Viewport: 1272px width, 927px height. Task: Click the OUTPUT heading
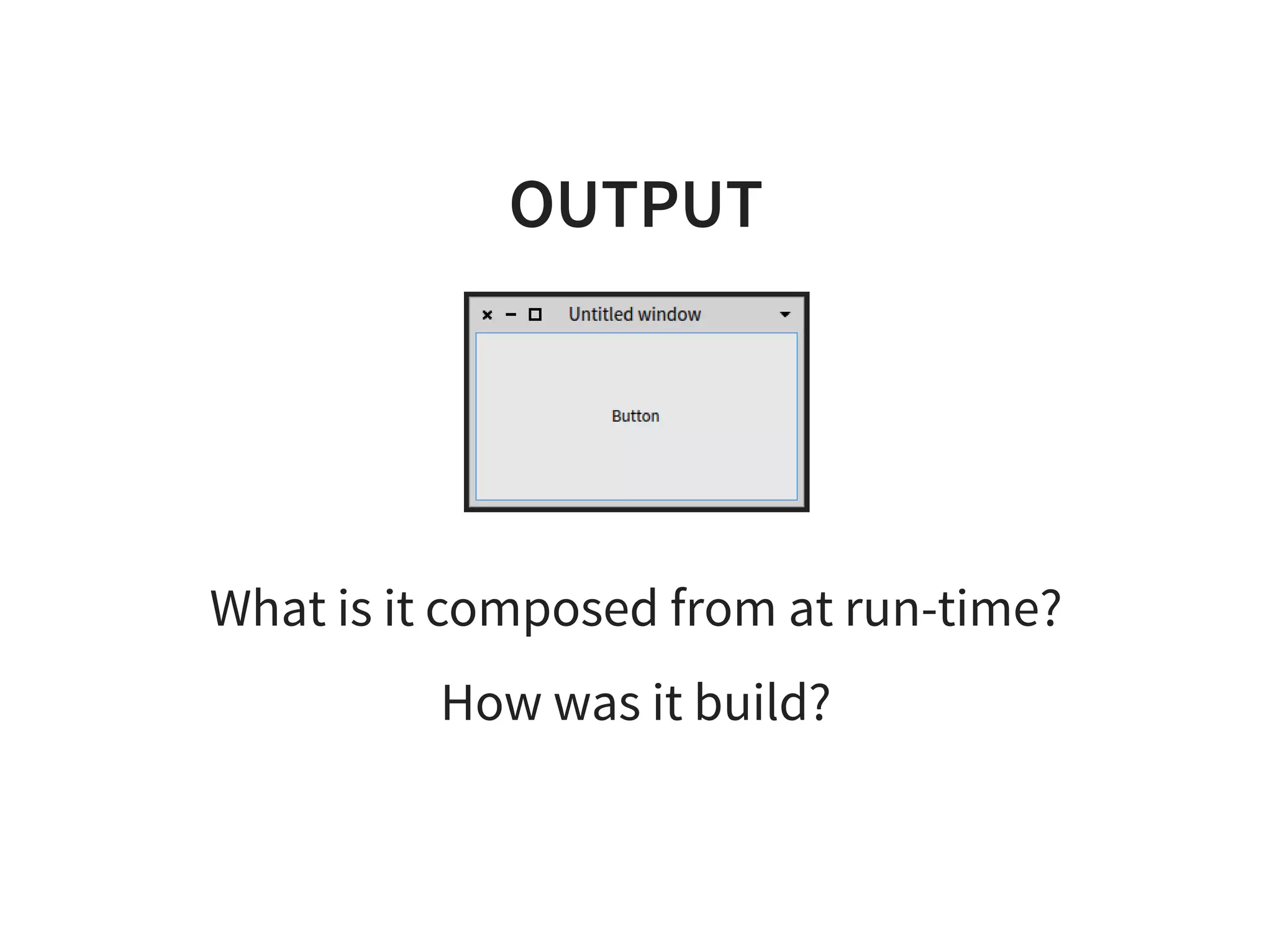click(x=636, y=204)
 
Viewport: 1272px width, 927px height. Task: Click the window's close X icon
click(x=488, y=315)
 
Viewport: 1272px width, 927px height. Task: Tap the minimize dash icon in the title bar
click(x=511, y=315)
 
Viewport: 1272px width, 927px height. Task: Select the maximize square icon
click(x=535, y=315)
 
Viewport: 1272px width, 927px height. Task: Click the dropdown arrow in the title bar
click(x=785, y=315)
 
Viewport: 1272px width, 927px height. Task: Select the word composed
click(x=541, y=609)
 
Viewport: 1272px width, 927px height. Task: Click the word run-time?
click(x=953, y=608)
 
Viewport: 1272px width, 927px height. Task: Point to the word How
click(x=491, y=702)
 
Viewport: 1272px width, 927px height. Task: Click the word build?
click(x=761, y=702)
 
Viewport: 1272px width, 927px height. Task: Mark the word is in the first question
click(x=355, y=608)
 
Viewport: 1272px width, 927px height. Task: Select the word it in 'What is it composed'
click(x=399, y=608)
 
